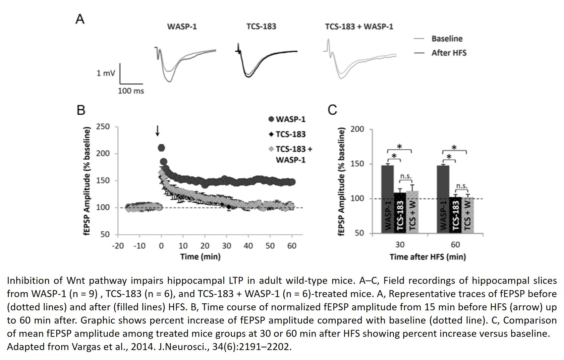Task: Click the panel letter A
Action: click(x=80, y=19)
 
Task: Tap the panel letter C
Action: click(x=332, y=110)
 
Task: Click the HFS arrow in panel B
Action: click(x=157, y=131)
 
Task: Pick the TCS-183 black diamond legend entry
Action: click(x=287, y=134)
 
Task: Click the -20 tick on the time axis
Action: click(x=118, y=245)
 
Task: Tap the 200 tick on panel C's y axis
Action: click(x=357, y=129)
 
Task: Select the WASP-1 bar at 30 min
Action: click(x=388, y=199)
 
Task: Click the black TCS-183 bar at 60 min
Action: click(x=455, y=215)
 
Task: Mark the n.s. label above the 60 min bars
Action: click(x=462, y=186)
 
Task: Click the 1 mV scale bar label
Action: click(x=106, y=73)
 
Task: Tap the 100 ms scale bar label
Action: click(x=131, y=90)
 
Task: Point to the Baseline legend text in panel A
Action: click(x=447, y=38)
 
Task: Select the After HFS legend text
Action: click(x=449, y=53)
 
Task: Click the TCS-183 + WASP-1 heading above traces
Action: click(x=359, y=27)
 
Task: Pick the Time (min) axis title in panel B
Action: click(x=200, y=257)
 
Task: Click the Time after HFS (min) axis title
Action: click(x=428, y=257)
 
